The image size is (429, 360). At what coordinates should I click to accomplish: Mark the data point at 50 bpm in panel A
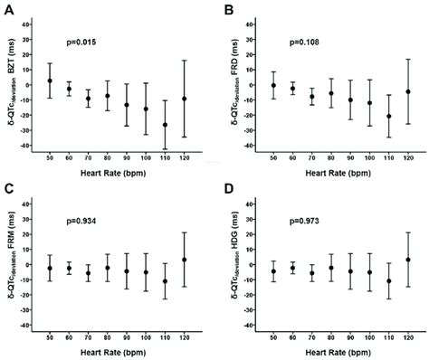click(x=50, y=81)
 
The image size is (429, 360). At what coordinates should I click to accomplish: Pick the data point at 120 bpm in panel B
click(x=382, y=91)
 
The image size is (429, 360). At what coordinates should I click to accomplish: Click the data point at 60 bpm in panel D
click(x=291, y=268)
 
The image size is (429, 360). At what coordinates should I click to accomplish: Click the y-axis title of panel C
click(x=11, y=271)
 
